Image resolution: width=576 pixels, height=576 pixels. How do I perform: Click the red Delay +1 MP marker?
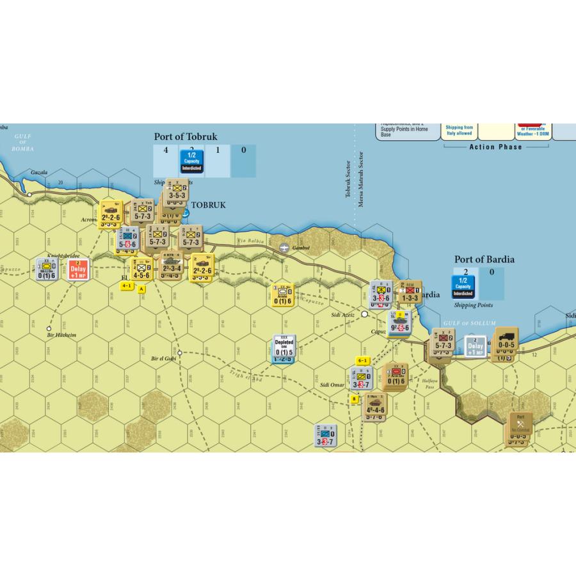click(79, 270)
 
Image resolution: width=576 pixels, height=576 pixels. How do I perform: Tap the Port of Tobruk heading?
click(186, 136)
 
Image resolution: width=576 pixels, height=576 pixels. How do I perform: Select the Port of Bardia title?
click(484, 259)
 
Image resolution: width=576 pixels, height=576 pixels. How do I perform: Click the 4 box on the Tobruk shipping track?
click(166, 150)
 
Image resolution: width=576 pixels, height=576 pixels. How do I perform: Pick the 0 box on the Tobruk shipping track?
click(243, 150)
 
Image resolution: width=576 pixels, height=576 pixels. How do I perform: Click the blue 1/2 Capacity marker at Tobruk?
click(191, 161)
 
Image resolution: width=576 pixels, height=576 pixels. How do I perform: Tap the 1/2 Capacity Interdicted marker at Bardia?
click(463, 286)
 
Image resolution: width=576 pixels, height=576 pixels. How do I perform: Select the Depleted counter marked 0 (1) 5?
click(284, 347)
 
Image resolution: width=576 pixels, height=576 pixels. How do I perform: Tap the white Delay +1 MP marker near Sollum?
click(475, 346)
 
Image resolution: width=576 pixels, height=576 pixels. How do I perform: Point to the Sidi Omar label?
click(332, 385)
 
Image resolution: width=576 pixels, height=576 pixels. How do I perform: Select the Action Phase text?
click(495, 147)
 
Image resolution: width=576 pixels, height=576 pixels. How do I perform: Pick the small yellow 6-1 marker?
click(363, 360)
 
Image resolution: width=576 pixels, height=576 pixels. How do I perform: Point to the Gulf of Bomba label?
click(21, 143)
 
